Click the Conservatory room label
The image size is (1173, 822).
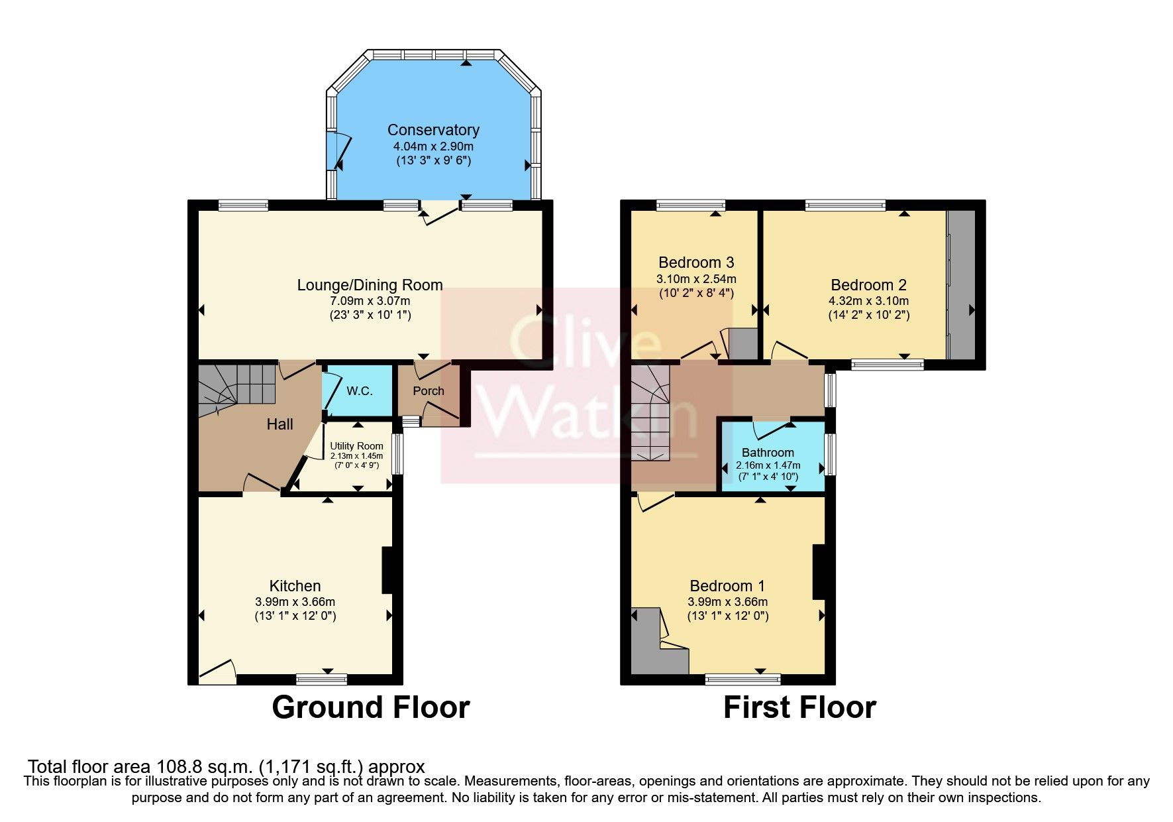click(x=433, y=130)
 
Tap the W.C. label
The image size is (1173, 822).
click(x=360, y=391)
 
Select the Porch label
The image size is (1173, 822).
click(x=429, y=391)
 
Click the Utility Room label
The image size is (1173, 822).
click(x=356, y=446)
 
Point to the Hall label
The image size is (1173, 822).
click(x=280, y=424)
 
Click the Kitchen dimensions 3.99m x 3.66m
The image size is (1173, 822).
click(x=295, y=602)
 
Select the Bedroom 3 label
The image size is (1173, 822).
click(x=696, y=263)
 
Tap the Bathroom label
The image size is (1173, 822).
click(x=768, y=453)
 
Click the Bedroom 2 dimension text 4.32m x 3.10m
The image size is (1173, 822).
click(x=868, y=301)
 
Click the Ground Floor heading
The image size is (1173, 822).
click(x=370, y=707)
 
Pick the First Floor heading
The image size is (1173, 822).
click(x=799, y=707)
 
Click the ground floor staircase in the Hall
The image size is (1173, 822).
click(x=235, y=388)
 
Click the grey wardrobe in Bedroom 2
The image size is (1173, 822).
click(x=961, y=285)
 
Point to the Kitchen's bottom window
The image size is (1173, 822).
click(x=321, y=679)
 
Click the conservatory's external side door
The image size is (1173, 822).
click(x=338, y=151)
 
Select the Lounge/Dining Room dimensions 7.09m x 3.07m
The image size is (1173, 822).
click(x=370, y=301)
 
